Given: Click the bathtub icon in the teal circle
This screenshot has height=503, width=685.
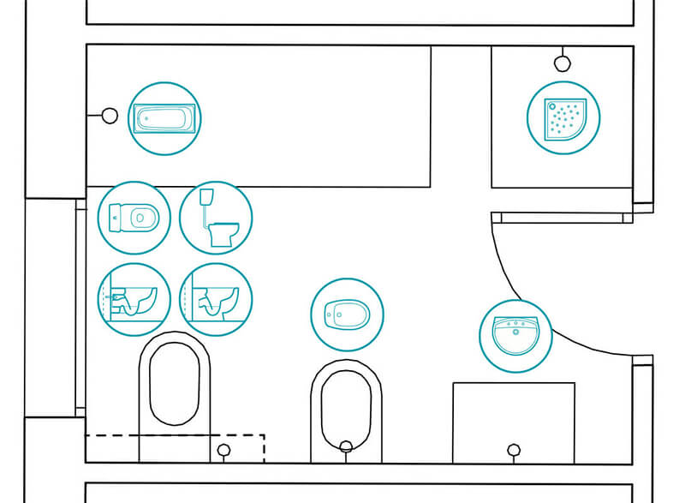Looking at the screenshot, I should coord(165,118).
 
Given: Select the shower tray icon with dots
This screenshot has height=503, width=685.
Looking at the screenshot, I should coord(563,117).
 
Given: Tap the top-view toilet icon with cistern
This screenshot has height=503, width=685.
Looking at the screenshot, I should coord(134,218).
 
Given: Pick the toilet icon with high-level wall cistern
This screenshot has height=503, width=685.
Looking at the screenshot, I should coord(216,218).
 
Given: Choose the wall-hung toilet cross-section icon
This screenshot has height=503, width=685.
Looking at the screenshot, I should coord(134,299).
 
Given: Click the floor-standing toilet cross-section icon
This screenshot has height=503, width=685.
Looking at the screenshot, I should coord(216,299).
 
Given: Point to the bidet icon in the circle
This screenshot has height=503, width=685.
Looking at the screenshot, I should coord(347,314).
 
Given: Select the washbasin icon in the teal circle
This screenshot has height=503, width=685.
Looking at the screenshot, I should coord(516,336).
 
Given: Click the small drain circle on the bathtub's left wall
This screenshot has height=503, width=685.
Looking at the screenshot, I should coord(110,115).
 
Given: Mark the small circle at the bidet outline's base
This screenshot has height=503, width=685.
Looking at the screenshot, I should coord(346,446).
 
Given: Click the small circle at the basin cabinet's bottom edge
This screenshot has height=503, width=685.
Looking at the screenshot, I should coord(514,449).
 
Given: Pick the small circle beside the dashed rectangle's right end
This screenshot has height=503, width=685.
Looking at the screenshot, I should coord(224,450).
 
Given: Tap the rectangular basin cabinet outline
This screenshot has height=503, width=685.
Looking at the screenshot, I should coord(513,411).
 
